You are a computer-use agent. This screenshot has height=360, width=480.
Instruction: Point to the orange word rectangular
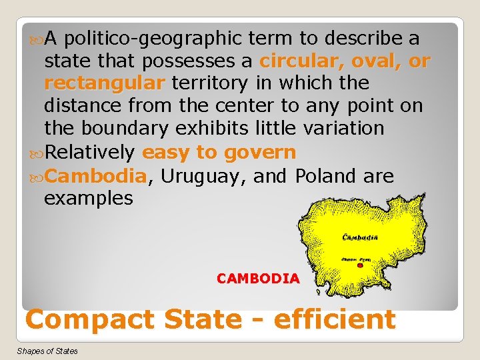[x=104, y=83]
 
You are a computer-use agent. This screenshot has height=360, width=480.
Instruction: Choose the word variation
[x=338, y=128]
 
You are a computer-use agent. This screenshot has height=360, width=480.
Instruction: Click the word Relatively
[x=91, y=152]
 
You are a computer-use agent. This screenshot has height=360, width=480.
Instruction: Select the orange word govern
[x=260, y=152]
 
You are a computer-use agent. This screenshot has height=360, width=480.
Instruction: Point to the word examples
[x=89, y=199]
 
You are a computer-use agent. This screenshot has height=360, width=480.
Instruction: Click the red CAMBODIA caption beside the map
[x=258, y=279]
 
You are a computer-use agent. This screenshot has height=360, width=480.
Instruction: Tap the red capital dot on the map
[x=360, y=265]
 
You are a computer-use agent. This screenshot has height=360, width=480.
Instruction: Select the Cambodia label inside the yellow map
[x=360, y=237]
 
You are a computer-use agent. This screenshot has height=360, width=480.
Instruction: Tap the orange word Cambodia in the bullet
[x=97, y=176]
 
